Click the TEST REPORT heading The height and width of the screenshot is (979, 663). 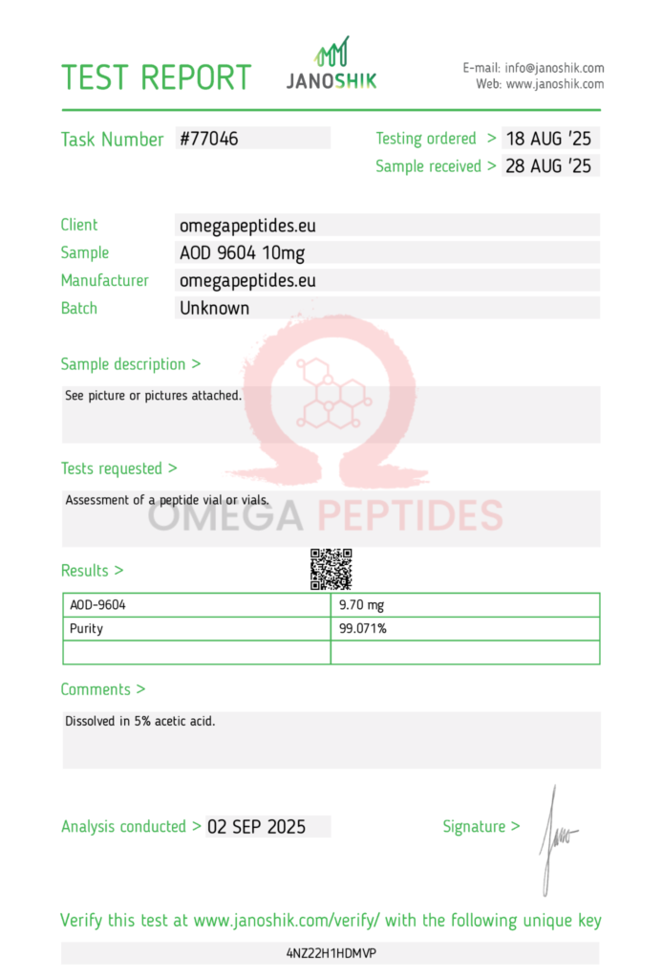coord(156,77)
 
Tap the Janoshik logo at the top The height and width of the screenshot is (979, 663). coord(331,65)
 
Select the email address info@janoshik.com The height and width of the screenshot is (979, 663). coord(554,68)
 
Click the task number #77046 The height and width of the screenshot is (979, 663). coord(208,139)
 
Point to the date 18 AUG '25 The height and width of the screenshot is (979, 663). coord(548,139)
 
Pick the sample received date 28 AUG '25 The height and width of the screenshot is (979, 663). coord(548,166)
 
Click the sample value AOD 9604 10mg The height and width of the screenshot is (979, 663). coord(243,253)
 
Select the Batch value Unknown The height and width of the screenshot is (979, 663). coord(215,308)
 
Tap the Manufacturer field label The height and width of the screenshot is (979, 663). coord(105,281)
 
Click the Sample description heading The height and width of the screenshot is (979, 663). coord(131,364)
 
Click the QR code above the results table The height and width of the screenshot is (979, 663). coord(331,569)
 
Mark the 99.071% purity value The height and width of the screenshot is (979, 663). coord(363,629)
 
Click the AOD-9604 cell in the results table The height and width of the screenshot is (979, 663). coord(98,605)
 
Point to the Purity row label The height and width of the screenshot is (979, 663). coord(87,629)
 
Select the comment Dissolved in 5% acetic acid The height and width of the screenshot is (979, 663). coord(140,721)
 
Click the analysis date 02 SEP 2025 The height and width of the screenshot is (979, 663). coord(256,827)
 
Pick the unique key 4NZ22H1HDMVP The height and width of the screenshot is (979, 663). coord(331,953)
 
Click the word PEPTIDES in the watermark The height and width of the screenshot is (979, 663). coord(410,516)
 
